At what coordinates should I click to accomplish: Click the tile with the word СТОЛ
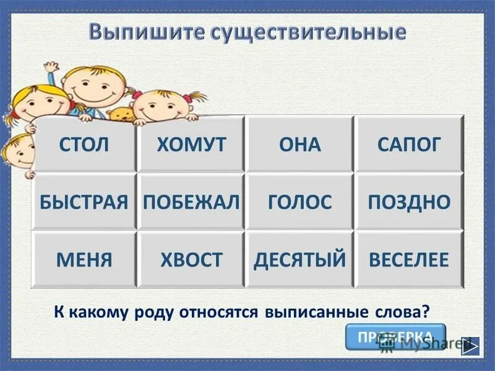point(84,145)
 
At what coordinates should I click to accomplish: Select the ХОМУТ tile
point(191,145)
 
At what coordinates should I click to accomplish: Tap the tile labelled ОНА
point(299,145)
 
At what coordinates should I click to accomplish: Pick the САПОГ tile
point(409,145)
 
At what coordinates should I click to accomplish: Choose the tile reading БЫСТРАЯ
point(84,202)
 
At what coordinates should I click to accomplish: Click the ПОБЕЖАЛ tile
point(191,202)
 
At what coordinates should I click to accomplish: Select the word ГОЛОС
point(299,202)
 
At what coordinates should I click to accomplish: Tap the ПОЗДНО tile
point(409,202)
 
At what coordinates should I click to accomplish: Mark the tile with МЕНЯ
point(84,260)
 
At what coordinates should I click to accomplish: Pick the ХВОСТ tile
point(191,260)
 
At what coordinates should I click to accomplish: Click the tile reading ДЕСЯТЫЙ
point(299,260)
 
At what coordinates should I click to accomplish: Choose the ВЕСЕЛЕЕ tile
point(409,260)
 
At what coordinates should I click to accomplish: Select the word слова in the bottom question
point(407,312)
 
